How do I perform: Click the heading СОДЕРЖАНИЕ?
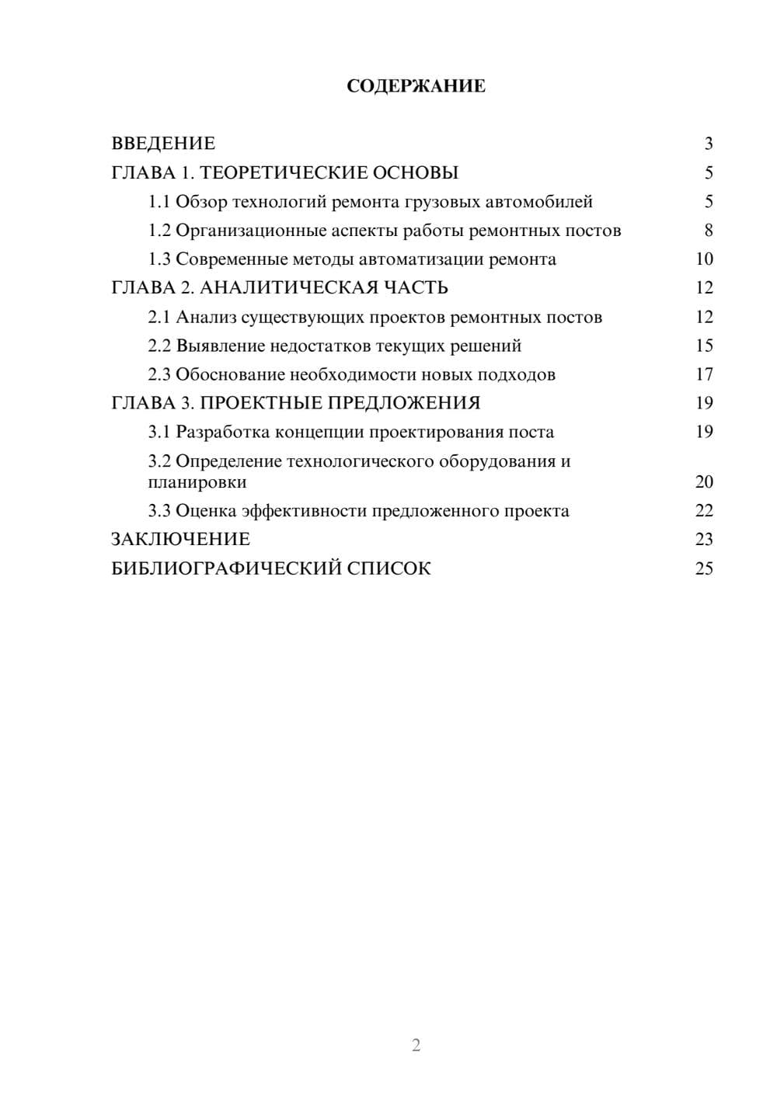[x=416, y=86]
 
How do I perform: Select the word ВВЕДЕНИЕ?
[x=163, y=144]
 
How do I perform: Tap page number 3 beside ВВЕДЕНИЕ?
[x=708, y=144]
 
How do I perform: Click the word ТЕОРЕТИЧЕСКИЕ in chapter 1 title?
[x=282, y=172]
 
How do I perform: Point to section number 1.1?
[x=159, y=202]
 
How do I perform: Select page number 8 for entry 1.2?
[x=708, y=231]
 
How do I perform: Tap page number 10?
[x=704, y=259]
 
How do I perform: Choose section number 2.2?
[x=159, y=346]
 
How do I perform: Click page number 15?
[x=704, y=346]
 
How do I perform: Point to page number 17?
[x=704, y=374]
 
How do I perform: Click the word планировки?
[x=197, y=482]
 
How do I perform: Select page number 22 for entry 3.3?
[x=704, y=511]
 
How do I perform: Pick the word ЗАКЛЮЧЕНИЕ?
[x=180, y=540]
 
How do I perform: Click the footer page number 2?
[x=416, y=1045]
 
